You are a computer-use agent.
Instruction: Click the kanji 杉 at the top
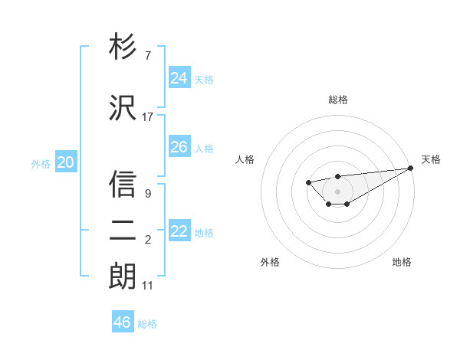pos(123,47)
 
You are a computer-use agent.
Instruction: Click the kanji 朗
pos(123,275)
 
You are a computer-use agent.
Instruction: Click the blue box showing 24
pos(179,77)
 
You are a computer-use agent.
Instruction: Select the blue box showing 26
pos(179,146)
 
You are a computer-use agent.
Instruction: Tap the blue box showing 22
pos(179,231)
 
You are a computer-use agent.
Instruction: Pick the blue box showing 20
pos(66,162)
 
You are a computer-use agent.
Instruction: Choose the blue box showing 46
pos(123,322)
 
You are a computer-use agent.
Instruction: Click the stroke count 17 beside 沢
pos(148,116)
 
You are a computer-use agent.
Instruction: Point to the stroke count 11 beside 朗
pos(148,286)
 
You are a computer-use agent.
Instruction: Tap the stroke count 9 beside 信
pos(148,194)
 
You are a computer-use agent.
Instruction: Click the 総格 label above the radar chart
pos(338,100)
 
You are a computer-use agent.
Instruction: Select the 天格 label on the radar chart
pos(431,159)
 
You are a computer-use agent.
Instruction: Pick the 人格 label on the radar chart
pos(245,159)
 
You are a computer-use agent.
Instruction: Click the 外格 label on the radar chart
pos(270,262)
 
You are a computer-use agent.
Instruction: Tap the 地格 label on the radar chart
pos(402,262)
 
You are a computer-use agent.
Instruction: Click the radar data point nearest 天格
pos(411,169)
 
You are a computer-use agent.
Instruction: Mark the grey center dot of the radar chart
pos(338,191)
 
